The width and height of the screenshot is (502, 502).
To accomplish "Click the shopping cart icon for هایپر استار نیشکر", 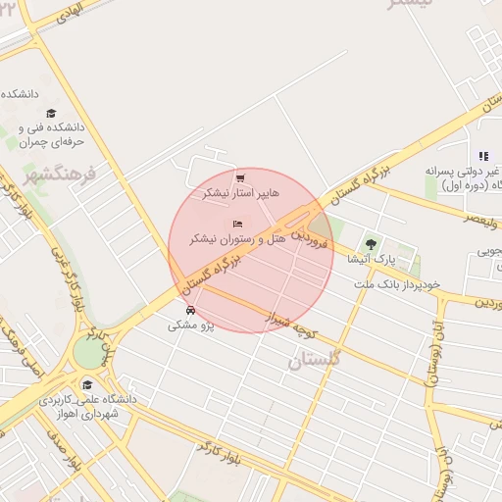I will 240,177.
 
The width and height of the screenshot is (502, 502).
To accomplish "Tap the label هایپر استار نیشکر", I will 240,193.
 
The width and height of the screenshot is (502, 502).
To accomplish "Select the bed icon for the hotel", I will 237,224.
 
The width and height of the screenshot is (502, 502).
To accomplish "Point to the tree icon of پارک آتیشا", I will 371,244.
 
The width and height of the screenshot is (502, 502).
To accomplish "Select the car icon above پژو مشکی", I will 190,310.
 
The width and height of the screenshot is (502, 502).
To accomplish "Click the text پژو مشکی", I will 190,325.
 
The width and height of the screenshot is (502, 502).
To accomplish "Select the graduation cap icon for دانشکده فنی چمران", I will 51,113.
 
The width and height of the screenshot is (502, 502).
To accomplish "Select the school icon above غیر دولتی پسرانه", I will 482,156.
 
